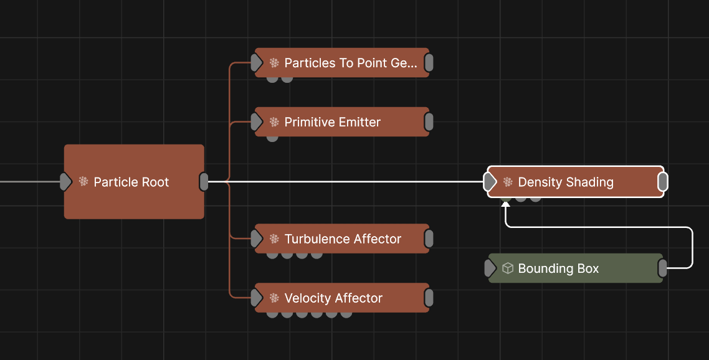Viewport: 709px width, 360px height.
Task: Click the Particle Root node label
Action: (x=131, y=182)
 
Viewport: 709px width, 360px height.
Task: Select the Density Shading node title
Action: (x=566, y=182)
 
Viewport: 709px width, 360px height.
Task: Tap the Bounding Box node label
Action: (x=558, y=268)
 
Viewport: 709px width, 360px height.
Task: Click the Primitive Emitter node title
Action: (x=332, y=122)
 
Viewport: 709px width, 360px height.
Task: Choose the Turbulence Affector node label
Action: (x=343, y=239)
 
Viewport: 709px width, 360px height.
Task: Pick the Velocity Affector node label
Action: (x=333, y=298)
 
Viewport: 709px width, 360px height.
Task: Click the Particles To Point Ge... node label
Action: (x=351, y=63)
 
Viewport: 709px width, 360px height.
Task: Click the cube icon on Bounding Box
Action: (x=508, y=268)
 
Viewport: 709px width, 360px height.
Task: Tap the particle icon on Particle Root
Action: (x=83, y=182)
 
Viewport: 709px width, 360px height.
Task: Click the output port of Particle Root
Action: (x=204, y=182)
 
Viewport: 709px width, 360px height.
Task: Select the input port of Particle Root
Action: (x=65, y=182)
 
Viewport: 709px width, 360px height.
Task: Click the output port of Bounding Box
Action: (x=663, y=268)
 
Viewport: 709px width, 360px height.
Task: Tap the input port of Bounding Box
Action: (x=490, y=268)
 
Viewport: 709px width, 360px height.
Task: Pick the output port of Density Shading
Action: (x=663, y=182)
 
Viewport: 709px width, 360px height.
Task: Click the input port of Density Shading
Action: (x=490, y=182)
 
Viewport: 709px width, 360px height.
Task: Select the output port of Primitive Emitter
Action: (x=429, y=122)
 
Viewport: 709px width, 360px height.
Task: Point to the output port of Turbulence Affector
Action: (x=429, y=239)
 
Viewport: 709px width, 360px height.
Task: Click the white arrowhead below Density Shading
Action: (x=506, y=204)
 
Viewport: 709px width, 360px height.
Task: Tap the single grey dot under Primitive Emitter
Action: (x=272, y=137)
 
